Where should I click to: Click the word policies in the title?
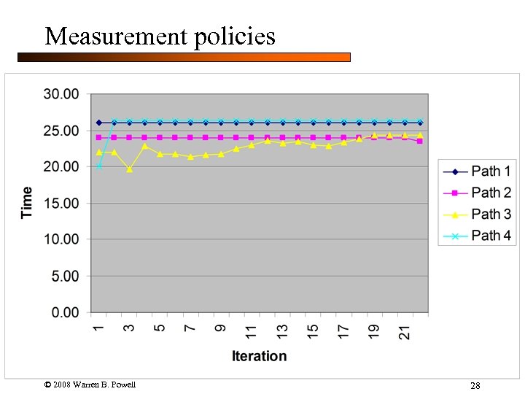tap(235, 36)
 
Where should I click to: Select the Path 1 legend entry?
tap(478, 171)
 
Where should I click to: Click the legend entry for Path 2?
tap(478, 193)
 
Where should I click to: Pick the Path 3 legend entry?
tap(478, 215)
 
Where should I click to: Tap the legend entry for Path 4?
tap(478, 236)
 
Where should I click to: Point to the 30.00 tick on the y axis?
tap(61, 94)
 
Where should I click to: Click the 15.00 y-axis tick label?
tap(61, 204)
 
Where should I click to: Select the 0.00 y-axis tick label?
tap(64, 312)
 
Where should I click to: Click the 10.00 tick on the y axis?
tap(61, 239)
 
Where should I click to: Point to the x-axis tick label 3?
tap(129, 328)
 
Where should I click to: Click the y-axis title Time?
tap(27, 202)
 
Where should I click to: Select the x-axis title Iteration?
tap(259, 356)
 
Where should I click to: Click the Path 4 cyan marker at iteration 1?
tap(99, 166)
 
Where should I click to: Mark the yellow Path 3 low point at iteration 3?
tap(130, 169)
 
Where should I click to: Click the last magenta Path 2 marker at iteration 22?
tap(420, 141)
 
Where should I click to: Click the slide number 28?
tap(475, 385)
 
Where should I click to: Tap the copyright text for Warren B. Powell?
tap(90, 385)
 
